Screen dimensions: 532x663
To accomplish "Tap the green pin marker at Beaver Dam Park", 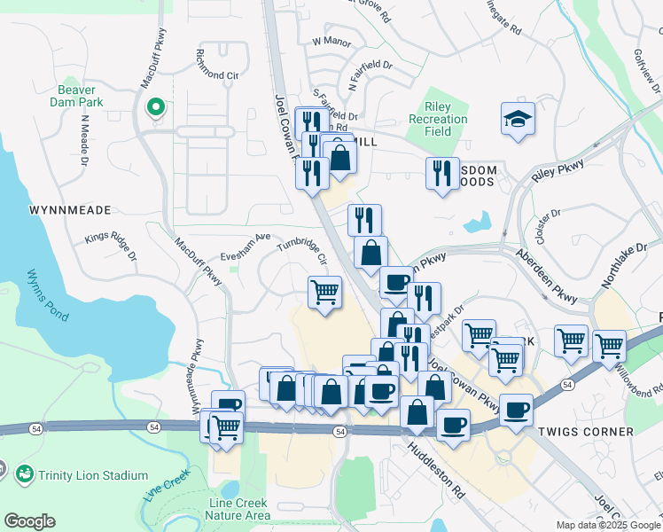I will coord(155,108).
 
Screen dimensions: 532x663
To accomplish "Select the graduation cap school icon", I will coord(518,119).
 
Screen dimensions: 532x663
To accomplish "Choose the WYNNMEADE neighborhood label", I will coord(70,210).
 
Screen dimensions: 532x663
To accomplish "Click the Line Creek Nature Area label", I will coord(238,509).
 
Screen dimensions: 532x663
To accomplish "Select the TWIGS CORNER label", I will coord(586,432).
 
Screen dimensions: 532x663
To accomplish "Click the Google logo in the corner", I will coord(29,521).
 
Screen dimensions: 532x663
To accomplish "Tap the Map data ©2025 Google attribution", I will coord(608,525).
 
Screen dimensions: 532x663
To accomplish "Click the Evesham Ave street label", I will coord(249,240).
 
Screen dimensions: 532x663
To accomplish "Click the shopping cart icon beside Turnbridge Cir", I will coord(325,291).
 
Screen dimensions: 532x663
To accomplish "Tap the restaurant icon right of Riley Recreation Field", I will coord(442,172).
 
